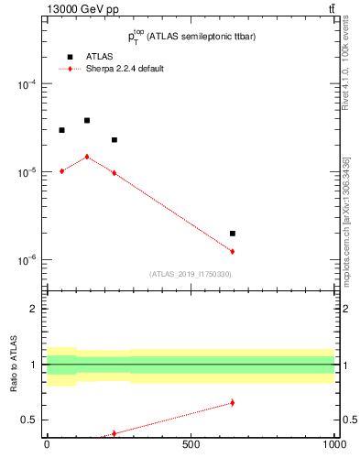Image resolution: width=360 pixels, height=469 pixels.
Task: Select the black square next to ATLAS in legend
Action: pyautogui.click(x=69, y=57)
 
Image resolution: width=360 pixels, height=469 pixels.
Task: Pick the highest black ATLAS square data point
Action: pyautogui.click(x=87, y=120)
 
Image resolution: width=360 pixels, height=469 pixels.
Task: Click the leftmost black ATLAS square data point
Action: pyautogui.click(x=61, y=130)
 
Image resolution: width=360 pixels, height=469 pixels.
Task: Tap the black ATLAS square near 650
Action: pyautogui.click(x=233, y=234)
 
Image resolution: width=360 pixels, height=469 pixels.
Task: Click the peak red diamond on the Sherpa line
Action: pyautogui.click(x=87, y=157)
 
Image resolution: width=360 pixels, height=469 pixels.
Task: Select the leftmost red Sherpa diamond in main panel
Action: pyautogui.click(x=61, y=170)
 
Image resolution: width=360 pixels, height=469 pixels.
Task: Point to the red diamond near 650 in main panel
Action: pyautogui.click(x=233, y=251)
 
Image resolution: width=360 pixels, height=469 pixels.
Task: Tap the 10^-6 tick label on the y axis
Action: pyautogui.click(x=27, y=261)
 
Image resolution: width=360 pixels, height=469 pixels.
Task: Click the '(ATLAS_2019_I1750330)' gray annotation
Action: pyautogui.click(x=191, y=274)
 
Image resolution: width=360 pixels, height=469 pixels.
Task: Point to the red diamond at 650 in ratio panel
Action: pyautogui.click(x=233, y=402)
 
